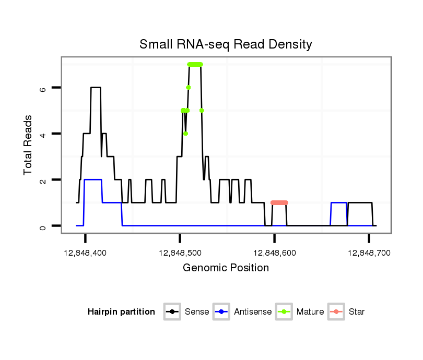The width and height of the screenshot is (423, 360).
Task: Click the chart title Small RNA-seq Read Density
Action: click(226, 44)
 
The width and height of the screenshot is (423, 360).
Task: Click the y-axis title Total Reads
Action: click(29, 145)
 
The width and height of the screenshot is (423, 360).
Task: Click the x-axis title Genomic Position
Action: click(226, 268)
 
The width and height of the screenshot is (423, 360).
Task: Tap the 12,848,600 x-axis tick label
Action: click(275, 253)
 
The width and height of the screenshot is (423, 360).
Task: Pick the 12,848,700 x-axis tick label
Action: click(369, 253)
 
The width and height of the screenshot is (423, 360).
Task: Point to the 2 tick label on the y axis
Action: click(43, 180)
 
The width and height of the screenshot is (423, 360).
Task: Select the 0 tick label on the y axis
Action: click(43, 226)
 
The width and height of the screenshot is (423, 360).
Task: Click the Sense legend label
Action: click(197, 312)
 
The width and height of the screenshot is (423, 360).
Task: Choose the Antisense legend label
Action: click(253, 312)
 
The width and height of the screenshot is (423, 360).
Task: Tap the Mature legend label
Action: click(310, 312)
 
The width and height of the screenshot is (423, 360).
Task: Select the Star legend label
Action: click(356, 312)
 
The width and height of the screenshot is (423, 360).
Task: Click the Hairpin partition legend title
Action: click(121, 312)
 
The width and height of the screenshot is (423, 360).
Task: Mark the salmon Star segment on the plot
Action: click(279, 202)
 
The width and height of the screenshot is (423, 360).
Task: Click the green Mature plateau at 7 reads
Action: click(195, 64)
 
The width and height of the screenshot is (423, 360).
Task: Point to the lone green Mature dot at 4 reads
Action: click(185, 134)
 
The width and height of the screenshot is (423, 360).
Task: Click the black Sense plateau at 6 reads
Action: click(96, 88)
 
